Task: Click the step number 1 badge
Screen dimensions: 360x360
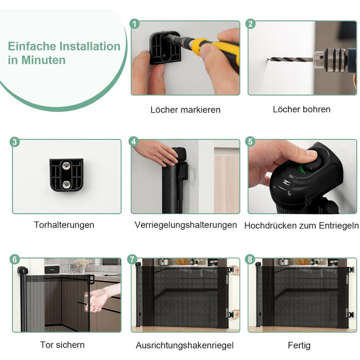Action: (x=135, y=24)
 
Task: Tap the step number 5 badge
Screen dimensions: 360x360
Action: (x=250, y=141)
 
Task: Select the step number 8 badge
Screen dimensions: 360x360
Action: (x=250, y=259)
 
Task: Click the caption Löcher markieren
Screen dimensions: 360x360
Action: (x=186, y=110)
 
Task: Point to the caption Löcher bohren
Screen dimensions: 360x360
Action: (x=302, y=109)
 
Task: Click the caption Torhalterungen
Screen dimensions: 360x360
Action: (x=64, y=225)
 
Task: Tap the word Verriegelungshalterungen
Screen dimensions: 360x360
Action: (x=186, y=225)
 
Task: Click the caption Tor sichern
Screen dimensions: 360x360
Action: (x=62, y=345)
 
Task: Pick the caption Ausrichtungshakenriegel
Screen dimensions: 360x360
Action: (x=185, y=345)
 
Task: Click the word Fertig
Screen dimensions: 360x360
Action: (x=299, y=345)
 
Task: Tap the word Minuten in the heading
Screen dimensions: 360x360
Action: (x=43, y=60)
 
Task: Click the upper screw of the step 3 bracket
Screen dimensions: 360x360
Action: (x=66, y=165)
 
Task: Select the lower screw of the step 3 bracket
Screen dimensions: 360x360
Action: (x=66, y=184)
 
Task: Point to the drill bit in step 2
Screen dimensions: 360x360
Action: (x=292, y=60)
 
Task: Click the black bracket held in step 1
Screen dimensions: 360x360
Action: (x=165, y=48)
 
